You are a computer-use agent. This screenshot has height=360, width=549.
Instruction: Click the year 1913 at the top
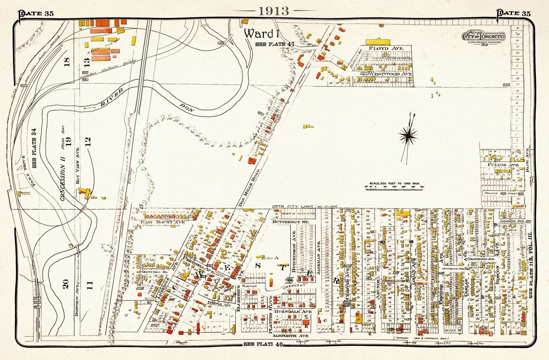(274, 11)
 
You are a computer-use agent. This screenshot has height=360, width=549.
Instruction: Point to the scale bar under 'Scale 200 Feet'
(394, 187)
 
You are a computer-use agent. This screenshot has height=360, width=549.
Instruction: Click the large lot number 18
(67, 61)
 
